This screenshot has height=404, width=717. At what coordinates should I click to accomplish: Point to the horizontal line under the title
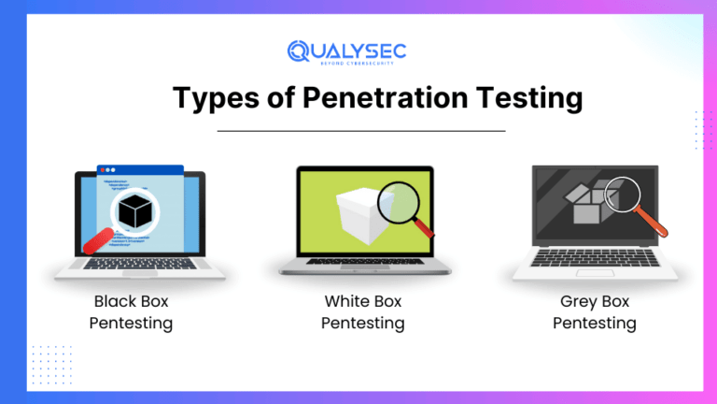pyautogui.click(x=360, y=131)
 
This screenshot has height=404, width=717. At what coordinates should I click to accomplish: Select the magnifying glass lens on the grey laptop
pyautogui.click(x=620, y=195)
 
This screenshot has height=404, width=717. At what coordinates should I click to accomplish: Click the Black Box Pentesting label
pyautogui.click(x=131, y=312)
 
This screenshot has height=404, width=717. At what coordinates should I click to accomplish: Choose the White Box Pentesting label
pyautogui.click(x=362, y=312)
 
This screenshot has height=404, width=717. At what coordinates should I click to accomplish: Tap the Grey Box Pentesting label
pyautogui.click(x=594, y=312)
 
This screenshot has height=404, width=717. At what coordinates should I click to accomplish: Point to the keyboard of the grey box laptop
pyautogui.click(x=595, y=256)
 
